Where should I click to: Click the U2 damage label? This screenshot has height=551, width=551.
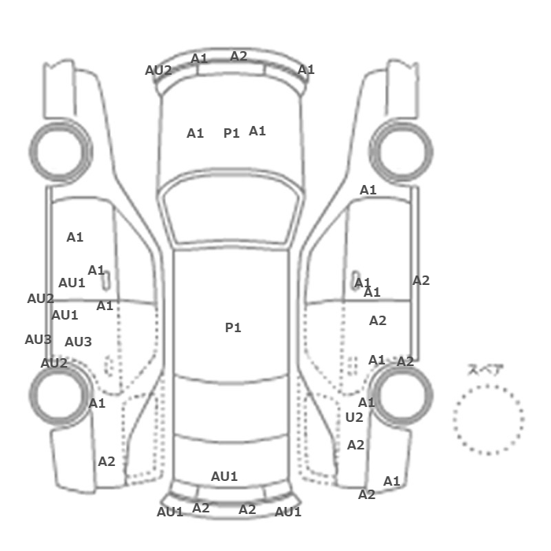tap(354, 417)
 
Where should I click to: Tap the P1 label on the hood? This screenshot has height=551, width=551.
tap(231, 133)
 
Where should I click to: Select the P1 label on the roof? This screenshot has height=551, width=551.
tap(233, 327)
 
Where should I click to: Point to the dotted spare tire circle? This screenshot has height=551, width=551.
tap(489, 386)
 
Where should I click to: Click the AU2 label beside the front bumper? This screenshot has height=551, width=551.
tap(158, 70)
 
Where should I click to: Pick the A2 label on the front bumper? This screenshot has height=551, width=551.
tap(239, 56)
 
